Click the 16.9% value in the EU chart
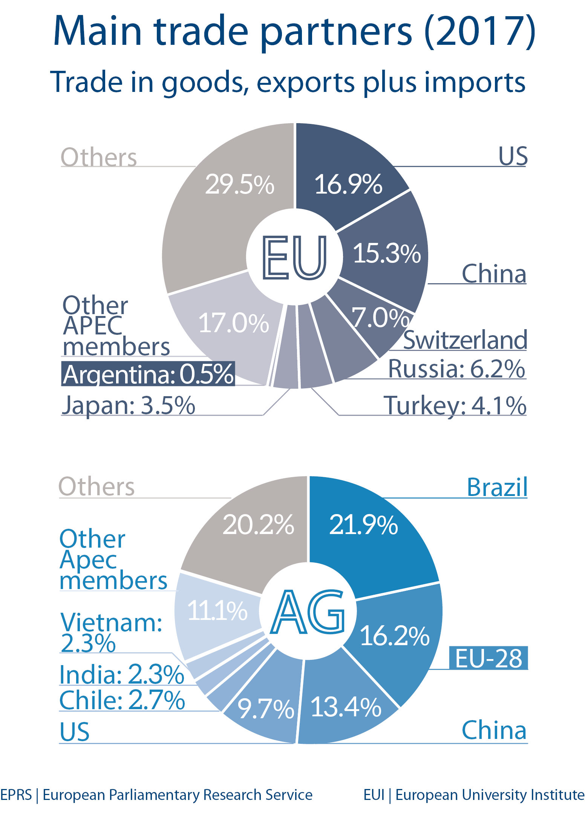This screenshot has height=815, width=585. coord(348,185)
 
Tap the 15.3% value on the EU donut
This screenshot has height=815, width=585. coord(387,253)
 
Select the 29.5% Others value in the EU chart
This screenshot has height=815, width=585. coord(240,185)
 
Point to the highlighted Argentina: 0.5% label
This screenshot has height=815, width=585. coord(148,374)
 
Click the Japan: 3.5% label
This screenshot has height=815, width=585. coord(129,405)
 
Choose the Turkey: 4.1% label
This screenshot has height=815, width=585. coord(455,406)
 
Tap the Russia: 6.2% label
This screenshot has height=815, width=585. coord(456,369)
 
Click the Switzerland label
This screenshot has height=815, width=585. coord(465,340)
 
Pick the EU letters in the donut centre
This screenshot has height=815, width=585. coord(294,258)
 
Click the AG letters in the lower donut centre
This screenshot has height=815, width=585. coord(308,612)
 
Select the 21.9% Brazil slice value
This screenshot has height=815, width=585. coord(363,525)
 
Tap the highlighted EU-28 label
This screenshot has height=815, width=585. coord(489,658)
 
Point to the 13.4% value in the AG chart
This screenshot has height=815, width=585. coord(346,707)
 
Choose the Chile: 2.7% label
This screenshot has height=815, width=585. coord(122,700)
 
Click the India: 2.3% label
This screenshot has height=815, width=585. coord(122,674)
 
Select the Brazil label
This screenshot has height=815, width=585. coord(497,487)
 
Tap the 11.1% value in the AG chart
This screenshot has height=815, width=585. coord(217,610)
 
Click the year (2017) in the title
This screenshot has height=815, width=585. coord(479,31)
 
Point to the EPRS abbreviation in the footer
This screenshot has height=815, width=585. coord(16,795)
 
